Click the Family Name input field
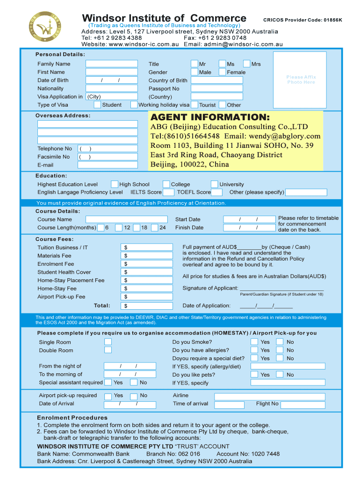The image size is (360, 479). [x=112, y=64]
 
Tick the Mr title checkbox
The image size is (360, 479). [x=194, y=64]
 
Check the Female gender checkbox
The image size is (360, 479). [x=222, y=72]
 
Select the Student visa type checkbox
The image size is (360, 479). [x=97, y=105]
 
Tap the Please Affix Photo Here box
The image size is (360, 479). [x=301, y=80]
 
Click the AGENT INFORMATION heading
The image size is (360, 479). [x=210, y=117]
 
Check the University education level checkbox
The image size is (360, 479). [x=214, y=184]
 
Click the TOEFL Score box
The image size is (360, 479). [x=216, y=192]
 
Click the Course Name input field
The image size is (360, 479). [x=126, y=219]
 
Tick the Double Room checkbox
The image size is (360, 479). [x=108, y=350]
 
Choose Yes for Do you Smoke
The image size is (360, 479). [x=254, y=342]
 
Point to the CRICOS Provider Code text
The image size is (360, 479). [x=302, y=20]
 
